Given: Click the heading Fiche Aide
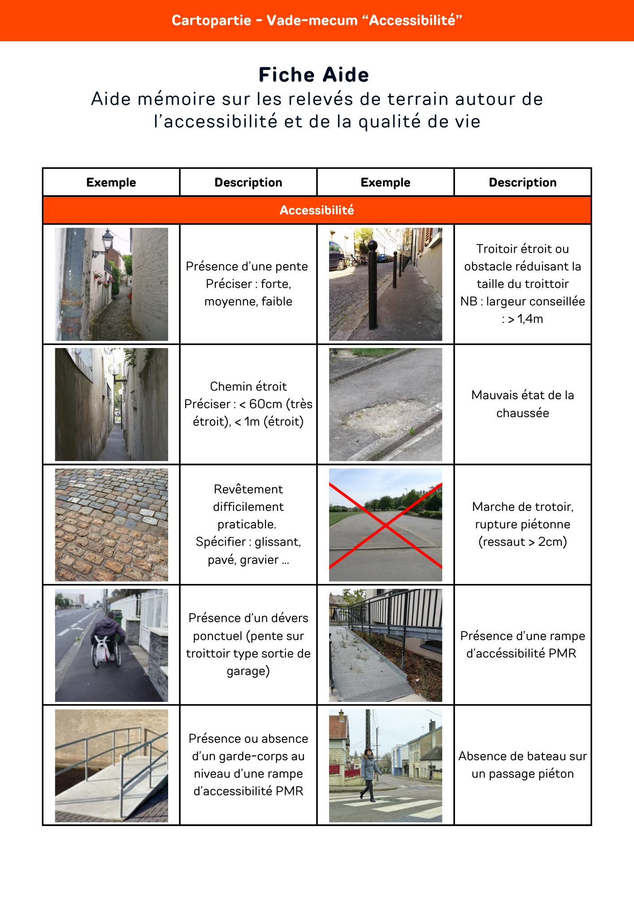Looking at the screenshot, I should coord(314,75).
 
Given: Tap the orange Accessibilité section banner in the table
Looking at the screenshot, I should coord(317,210).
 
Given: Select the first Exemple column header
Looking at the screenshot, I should coord(111,183).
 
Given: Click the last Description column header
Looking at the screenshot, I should coord(522,183).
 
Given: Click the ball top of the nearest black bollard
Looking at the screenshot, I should coord(373,245).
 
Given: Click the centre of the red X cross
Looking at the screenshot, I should coord(385,525).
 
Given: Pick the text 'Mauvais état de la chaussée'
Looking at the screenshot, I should coord(522,404).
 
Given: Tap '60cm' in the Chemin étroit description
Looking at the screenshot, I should coord(265,404).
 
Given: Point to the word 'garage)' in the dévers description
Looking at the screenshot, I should coord(248,671).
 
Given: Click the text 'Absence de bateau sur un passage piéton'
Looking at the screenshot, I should coord(522,765).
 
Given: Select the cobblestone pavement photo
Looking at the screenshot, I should coord(111,525).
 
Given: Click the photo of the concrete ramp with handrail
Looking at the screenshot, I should coord(111,765).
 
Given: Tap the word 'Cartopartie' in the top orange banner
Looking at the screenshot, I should coord(211,21).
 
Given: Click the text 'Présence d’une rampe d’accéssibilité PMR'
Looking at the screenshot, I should coord(522,644).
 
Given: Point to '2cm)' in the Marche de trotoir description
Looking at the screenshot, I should coord(552,542).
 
